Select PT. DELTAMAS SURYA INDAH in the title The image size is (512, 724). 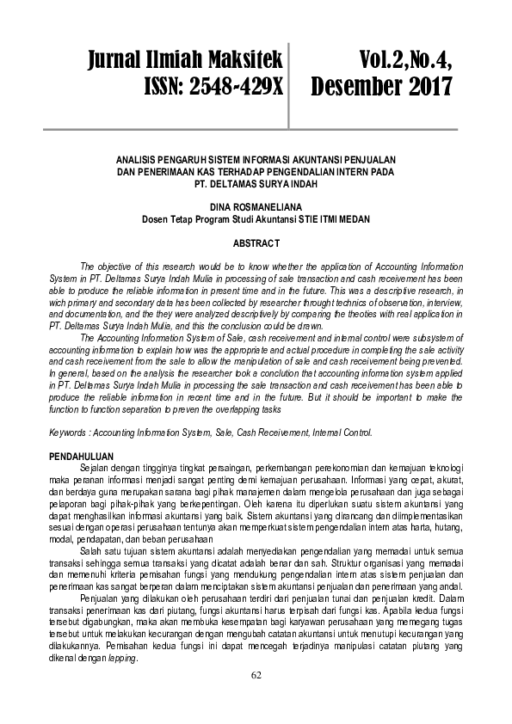pyautogui.click(x=256, y=181)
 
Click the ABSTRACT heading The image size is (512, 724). pyautogui.click(x=256, y=243)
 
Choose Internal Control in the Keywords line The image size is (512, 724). pyautogui.click(x=352, y=433)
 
